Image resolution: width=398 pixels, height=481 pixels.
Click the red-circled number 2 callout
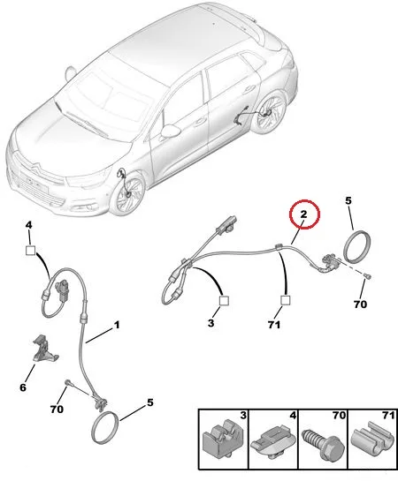(304, 214)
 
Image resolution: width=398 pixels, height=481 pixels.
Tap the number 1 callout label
(117, 325)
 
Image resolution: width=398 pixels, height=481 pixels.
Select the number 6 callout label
(23, 387)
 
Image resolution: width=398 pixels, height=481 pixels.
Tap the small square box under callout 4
(30, 251)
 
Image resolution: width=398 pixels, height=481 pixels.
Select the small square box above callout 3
(224, 301)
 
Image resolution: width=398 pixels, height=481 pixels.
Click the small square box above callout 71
(285, 301)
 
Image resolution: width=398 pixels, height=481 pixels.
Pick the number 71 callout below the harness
(274, 325)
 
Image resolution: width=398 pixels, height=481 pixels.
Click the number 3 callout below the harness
(210, 323)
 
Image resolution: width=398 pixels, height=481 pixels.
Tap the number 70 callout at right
(360, 304)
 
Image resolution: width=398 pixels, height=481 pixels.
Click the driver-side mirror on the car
(170, 131)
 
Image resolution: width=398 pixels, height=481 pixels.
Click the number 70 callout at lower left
(57, 409)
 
